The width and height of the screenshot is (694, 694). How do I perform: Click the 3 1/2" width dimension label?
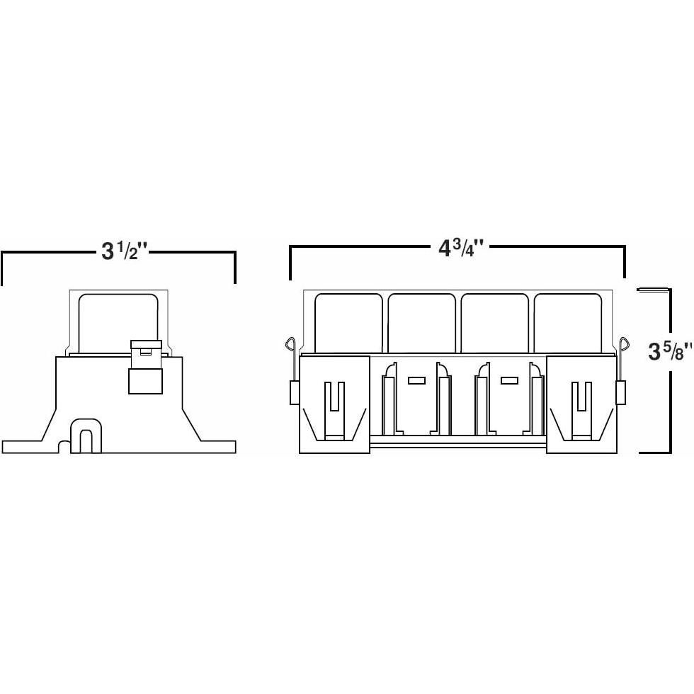point(125,251)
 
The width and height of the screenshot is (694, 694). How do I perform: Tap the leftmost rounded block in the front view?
point(348,323)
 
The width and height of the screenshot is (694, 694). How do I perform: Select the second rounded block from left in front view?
point(421,323)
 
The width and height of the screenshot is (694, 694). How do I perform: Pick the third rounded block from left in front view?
point(494,323)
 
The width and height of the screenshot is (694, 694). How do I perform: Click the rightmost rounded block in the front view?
point(567,323)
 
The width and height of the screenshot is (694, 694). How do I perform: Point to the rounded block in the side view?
point(118,322)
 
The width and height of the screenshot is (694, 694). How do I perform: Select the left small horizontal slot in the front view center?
point(416,380)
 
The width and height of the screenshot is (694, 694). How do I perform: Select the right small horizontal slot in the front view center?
point(509,380)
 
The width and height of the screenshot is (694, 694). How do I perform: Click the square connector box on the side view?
point(145,380)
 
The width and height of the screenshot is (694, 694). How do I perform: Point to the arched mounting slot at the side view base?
point(84,440)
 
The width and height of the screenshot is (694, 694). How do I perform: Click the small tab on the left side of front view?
point(295,393)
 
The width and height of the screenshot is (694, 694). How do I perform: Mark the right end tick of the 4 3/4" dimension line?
point(624,262)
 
